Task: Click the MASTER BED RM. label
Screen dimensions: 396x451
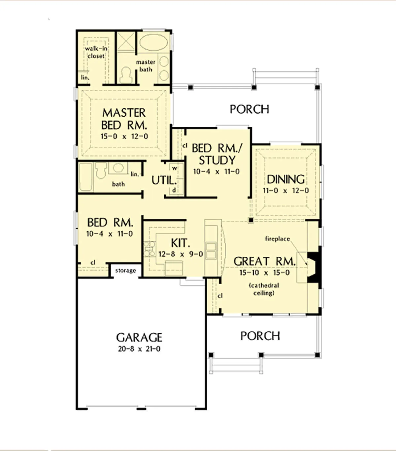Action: point(124,119)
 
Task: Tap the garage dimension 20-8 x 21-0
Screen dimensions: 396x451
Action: point(139,349)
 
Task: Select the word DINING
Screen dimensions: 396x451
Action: point(286,179)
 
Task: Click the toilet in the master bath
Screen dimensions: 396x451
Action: point(126,75)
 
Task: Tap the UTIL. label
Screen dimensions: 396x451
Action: point(164,180)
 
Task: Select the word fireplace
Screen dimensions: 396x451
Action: point(278,239)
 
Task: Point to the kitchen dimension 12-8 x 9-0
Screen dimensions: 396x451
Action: point(181,254)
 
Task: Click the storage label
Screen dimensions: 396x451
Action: point(125,271)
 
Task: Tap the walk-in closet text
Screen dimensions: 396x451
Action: point(96,52)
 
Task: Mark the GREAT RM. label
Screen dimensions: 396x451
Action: point(264,261)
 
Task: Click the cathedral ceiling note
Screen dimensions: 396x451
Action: point(264,289)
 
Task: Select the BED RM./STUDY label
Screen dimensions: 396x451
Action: point(217,154)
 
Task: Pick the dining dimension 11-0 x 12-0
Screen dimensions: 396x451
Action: point(286,191)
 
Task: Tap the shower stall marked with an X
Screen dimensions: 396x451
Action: point(126,41)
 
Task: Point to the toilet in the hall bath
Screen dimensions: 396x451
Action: point(101,170)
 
